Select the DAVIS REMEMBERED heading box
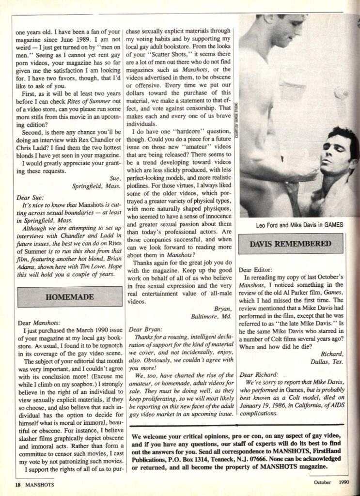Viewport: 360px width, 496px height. [290, 243]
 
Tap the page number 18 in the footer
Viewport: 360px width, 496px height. [17, 484]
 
